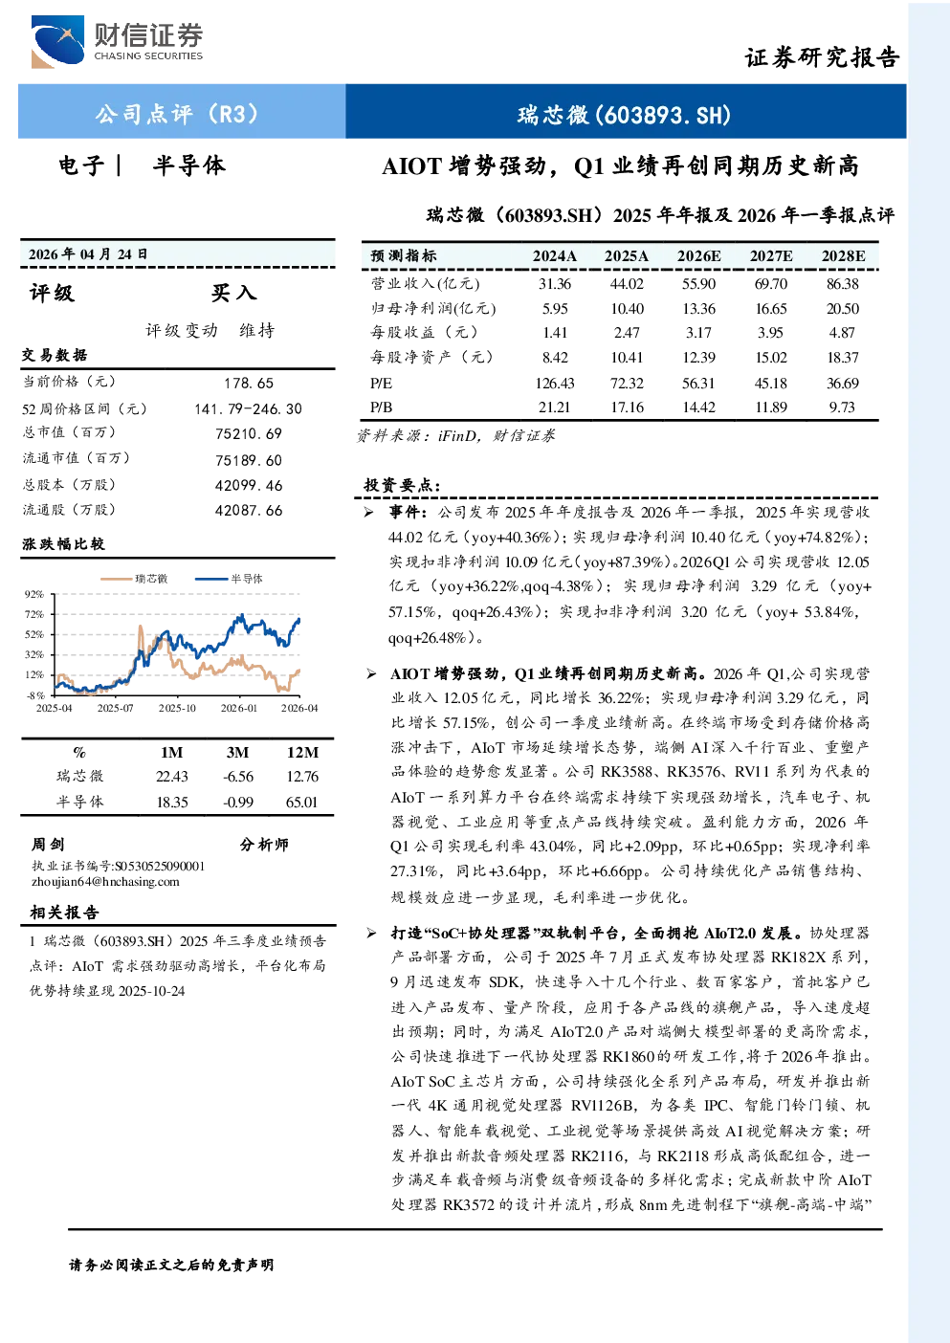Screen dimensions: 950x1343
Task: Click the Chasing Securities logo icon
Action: point(58,41)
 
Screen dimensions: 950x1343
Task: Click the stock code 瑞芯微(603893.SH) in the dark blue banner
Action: point(625,115)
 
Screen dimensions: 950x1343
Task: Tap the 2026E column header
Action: point(698,256)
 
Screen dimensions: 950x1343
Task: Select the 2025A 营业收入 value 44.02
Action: point(627,283)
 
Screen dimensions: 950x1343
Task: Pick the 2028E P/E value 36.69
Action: point(843,384)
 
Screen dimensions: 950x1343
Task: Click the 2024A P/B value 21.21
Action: point(554,407)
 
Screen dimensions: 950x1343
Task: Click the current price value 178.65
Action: point(249,384)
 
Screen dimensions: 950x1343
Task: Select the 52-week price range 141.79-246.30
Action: point(248,408)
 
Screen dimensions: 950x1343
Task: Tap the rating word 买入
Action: point(233,293)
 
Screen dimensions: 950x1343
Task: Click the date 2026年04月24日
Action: point(88,254)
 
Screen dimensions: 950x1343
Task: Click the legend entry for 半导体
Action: point(229,579)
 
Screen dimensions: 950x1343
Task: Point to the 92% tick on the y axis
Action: point(34,594)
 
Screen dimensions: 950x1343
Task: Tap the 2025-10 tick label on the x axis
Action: point(177,708)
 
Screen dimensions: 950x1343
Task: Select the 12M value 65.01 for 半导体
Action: point(301,803)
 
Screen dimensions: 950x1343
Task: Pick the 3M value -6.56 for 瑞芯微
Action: point(238,777)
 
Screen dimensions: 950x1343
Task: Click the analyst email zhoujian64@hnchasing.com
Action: point(105,882)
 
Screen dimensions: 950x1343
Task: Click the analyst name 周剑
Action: point(48,845)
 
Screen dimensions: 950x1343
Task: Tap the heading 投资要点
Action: point(402,485)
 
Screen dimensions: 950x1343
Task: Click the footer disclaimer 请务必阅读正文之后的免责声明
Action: point(171,1266)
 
